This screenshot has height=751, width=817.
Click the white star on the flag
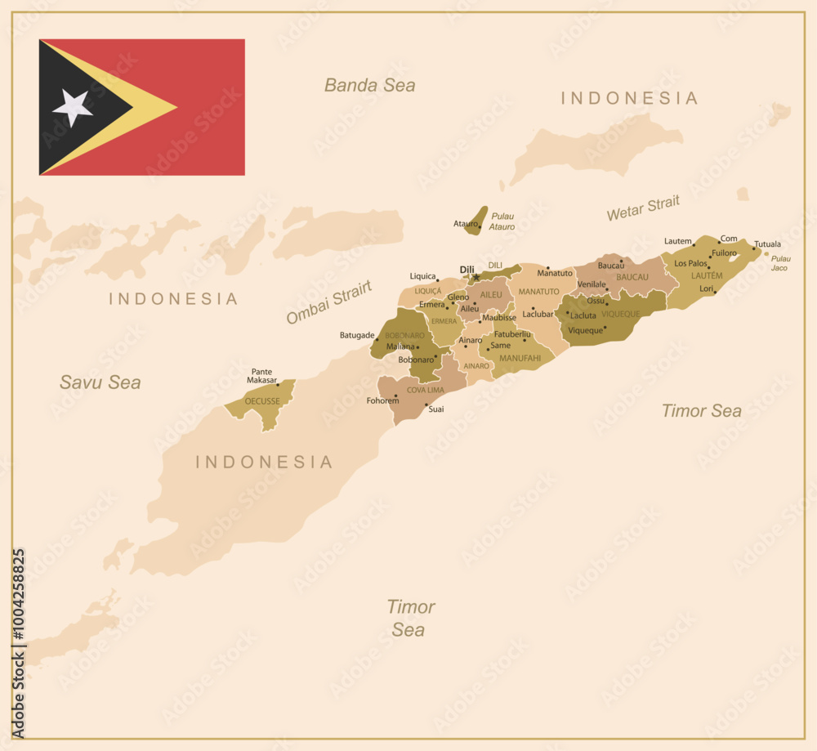(73, 107)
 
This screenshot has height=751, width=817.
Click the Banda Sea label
(369, 85)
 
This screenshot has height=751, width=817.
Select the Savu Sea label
(100, 382)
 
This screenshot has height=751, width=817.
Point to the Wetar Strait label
(643, 208)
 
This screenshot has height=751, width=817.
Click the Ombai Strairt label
(328, 302)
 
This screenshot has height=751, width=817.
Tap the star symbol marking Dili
(476, 277)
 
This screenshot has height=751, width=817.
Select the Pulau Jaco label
(780, 263)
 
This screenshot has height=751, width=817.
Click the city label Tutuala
(767, 244)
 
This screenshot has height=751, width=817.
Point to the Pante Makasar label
(262, 376)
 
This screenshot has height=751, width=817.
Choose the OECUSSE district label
(262, 401)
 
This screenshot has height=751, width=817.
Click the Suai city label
(436, 409)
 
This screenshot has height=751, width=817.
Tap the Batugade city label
(357, 335)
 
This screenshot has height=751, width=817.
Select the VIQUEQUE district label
(621, 314)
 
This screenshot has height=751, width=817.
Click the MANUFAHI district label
(520, 358)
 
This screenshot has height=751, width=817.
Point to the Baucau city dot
(621, 262)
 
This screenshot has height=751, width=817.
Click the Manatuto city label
(555, 273)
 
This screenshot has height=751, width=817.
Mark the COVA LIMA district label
(426, 390)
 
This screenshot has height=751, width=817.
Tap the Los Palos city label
(690, 263)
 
